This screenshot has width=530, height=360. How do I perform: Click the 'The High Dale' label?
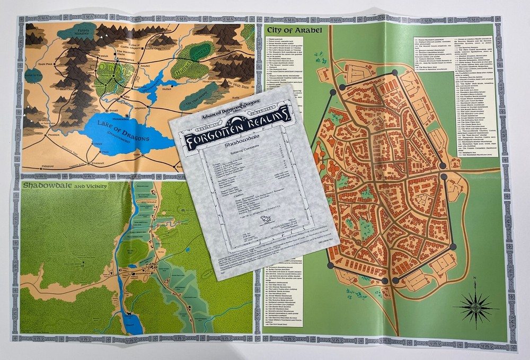(x=234, y=84)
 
